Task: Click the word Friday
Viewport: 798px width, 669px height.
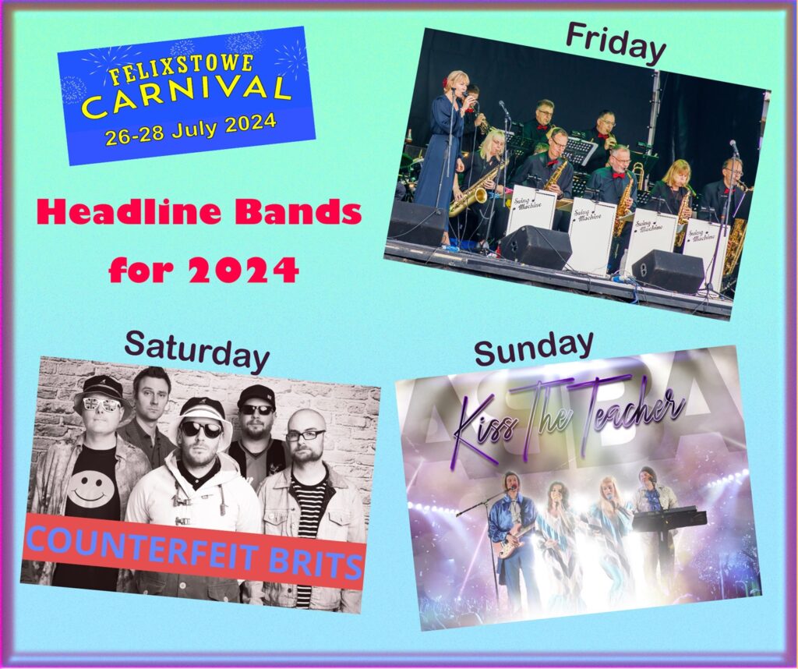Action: pos(616,44)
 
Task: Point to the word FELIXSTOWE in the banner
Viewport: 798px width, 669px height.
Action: pos(182,70)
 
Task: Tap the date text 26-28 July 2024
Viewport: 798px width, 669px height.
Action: pos(191,129)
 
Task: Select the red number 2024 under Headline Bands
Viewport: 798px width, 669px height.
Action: pos(244,271)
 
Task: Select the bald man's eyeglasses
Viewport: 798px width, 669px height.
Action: pos(305,436)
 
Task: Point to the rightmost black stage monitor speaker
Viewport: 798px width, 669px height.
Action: pos(667,271)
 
